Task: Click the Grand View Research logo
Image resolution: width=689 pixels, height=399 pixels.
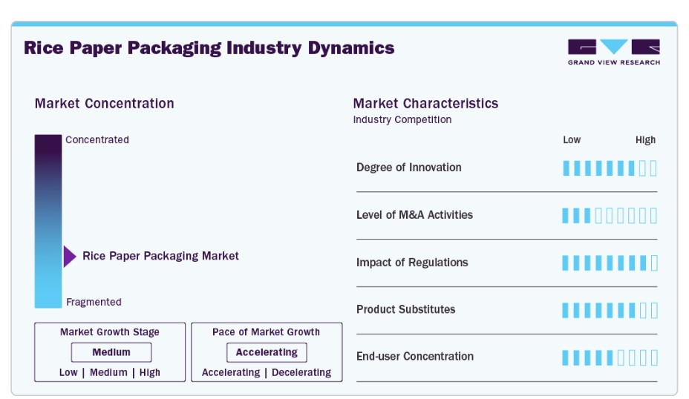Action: coord(614,52)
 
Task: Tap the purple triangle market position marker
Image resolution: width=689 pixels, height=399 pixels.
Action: coord(70,257)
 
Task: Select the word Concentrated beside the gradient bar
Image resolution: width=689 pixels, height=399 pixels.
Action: coord(97,139)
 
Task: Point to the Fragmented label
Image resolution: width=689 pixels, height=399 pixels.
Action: coord(94,302)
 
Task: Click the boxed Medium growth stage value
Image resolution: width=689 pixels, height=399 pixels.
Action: coord(111,352)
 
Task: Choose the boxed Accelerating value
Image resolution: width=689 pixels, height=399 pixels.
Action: coord(267,352)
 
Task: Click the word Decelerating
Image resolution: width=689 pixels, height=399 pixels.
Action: coord(301,372)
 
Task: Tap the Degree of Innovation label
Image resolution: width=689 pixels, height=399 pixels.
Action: coord(408,167)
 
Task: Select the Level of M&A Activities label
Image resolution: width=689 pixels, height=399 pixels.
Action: coord(414,214)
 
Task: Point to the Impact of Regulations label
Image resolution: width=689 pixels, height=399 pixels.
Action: coord(412,263)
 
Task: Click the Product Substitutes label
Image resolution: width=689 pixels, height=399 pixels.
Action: coord(405,309)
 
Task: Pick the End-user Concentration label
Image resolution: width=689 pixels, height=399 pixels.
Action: coord(415,356)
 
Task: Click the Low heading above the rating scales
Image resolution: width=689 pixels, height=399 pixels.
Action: coord(572,139)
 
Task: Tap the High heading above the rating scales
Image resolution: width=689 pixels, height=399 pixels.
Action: coord(645,140)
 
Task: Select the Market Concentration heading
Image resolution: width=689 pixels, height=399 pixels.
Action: coord(105,104)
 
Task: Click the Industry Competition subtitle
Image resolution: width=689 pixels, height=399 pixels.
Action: coord(402,119)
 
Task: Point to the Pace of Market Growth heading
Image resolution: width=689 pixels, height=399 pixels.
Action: coord(267,332)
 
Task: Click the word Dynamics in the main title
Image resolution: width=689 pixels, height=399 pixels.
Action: coord(351,48)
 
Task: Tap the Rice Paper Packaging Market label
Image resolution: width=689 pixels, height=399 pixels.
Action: coord(161,256)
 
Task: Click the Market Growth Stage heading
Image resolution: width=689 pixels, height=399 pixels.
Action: coord(110,332)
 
